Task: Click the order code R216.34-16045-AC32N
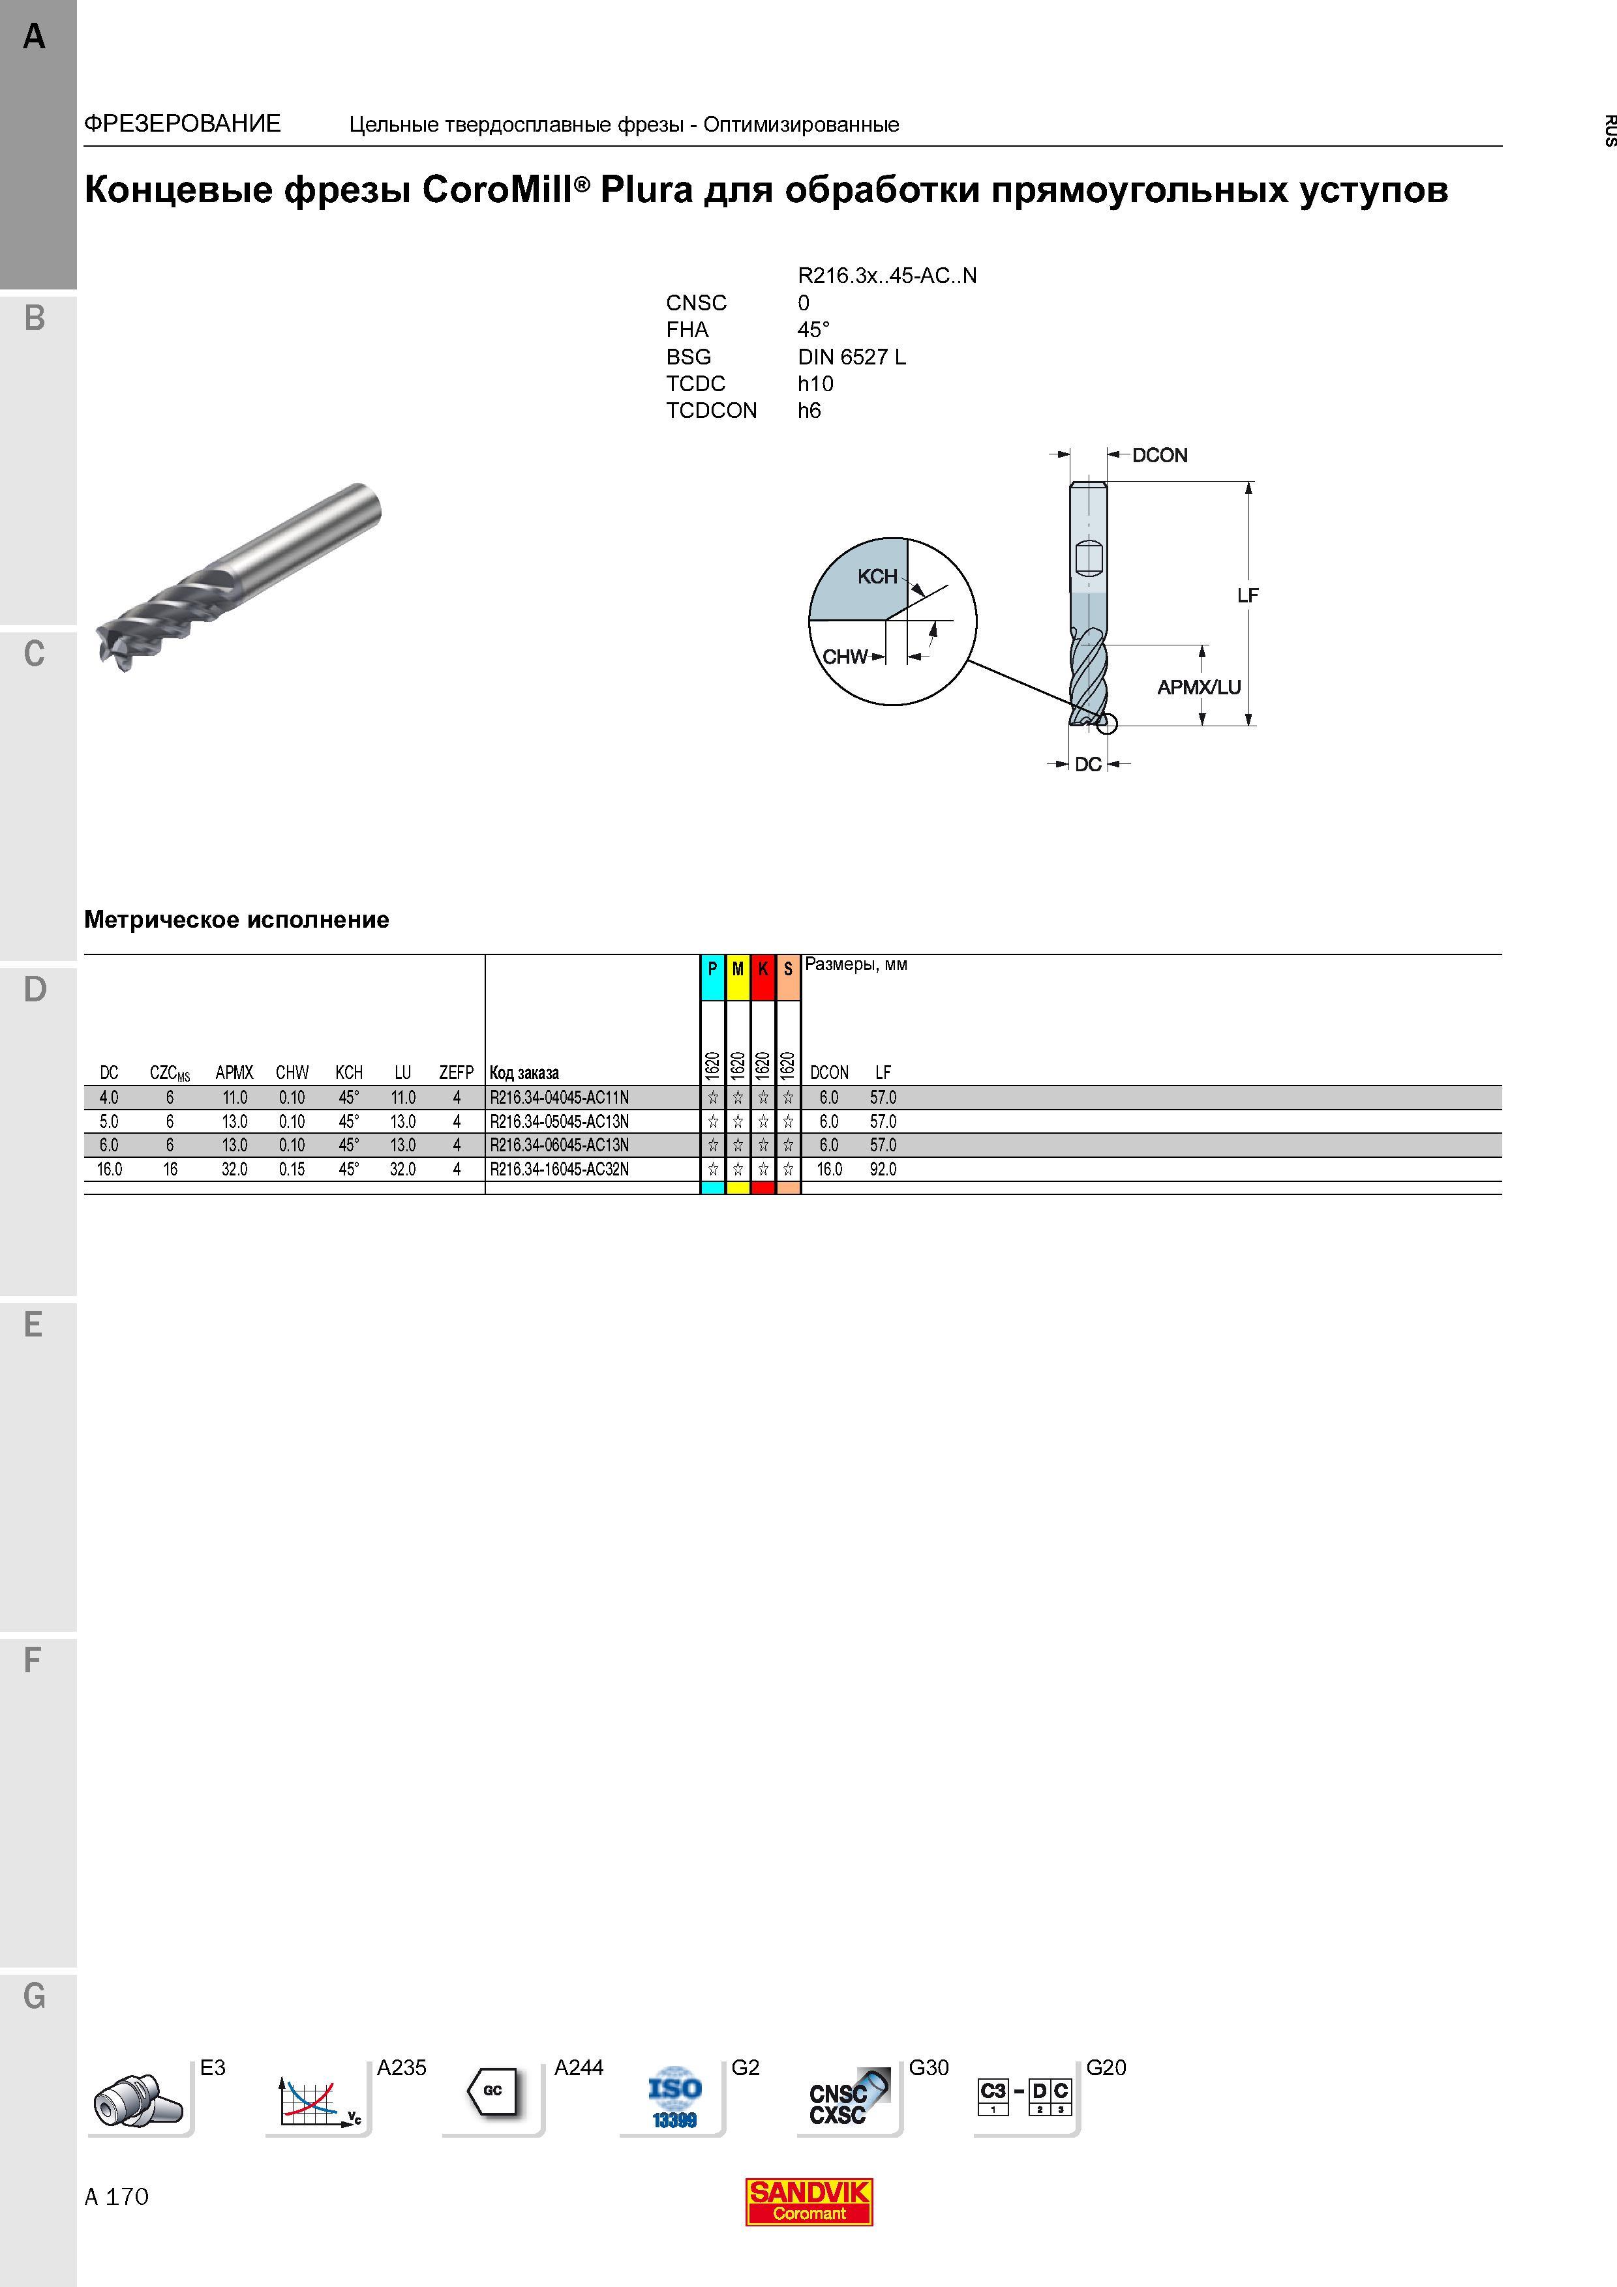pyautogui.click(x=559, y=1170)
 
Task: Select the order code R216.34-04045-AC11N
pyautogui.click(x=559, y=1098)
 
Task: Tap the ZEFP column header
pyautogui.click(x=457, y=1073)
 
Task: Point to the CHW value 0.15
pyautogui.click(x=292, y=1170)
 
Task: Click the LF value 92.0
pyautogui.click(x=883, y=1170)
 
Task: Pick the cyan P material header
pyautogui.click(x=712, y=977)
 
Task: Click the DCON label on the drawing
pyautogui.click(x=1160, y=455)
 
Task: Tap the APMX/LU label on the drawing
pyautogui.click(x=1198, y=687)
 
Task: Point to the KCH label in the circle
pyautogui.click(x=877, y=577)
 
